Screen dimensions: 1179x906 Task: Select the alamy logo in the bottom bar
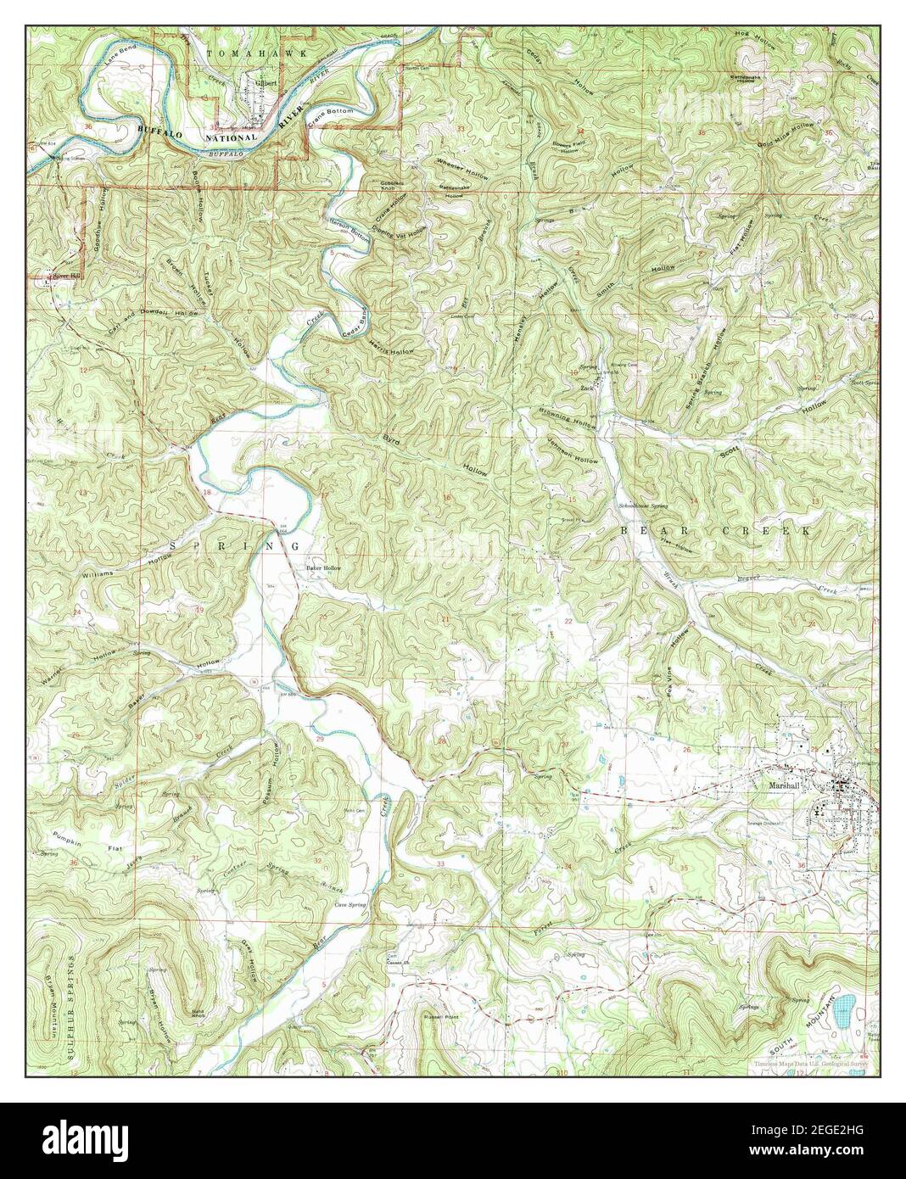coord(76,1140)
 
